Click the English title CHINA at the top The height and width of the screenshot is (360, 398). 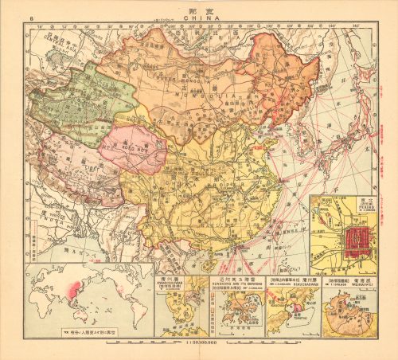[x=199, y=16]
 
